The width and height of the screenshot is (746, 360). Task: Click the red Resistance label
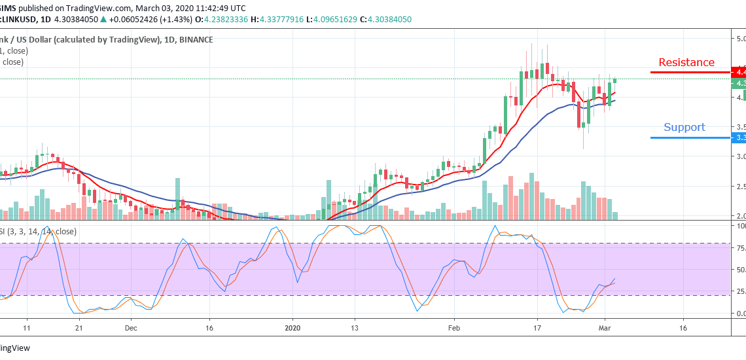coord(686,63)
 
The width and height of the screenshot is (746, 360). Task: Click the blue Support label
coord(684,128)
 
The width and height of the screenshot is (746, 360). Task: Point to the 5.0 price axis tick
coord(739,39)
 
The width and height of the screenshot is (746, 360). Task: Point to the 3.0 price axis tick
coord(739,156)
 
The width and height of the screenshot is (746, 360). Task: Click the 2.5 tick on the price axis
coord(739,187)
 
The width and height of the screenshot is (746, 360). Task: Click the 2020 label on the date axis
coord(293,327)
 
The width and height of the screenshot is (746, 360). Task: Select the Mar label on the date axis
coord(604,327)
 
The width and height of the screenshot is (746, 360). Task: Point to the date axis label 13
coord(354,327)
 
